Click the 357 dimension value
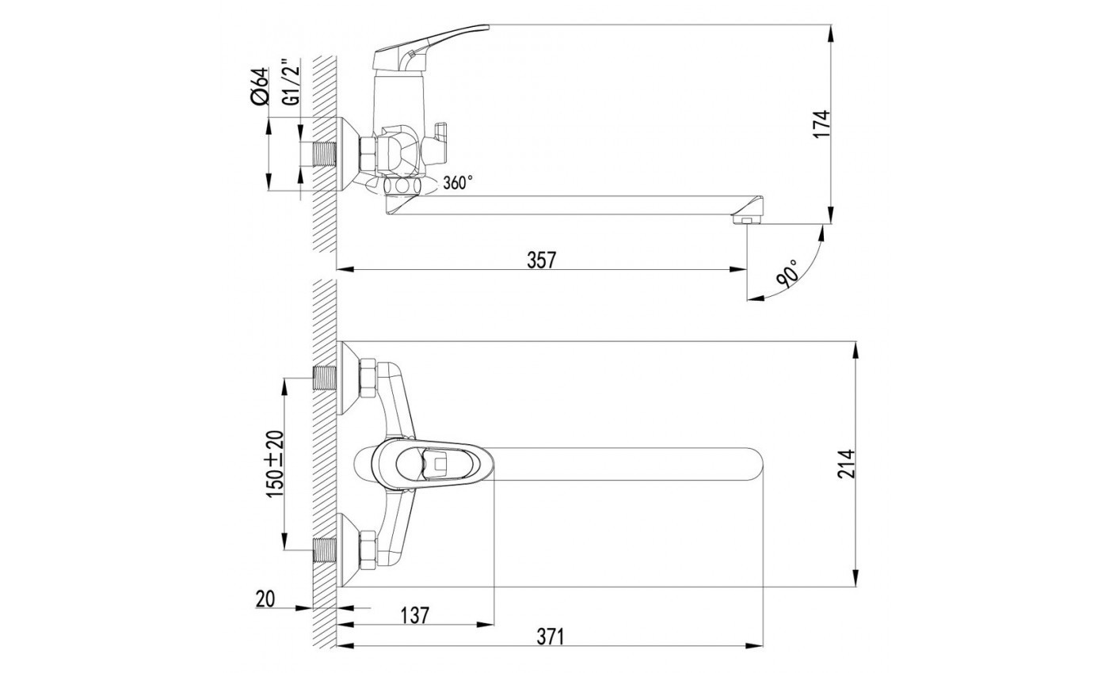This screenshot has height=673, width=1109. point(542,260)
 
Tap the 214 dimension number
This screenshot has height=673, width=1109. point(846,464)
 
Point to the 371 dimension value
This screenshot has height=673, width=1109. point(551,637)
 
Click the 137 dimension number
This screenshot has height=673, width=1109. point(414,616)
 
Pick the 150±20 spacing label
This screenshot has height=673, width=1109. point(276,464)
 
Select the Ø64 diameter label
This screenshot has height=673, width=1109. point(260,86)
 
